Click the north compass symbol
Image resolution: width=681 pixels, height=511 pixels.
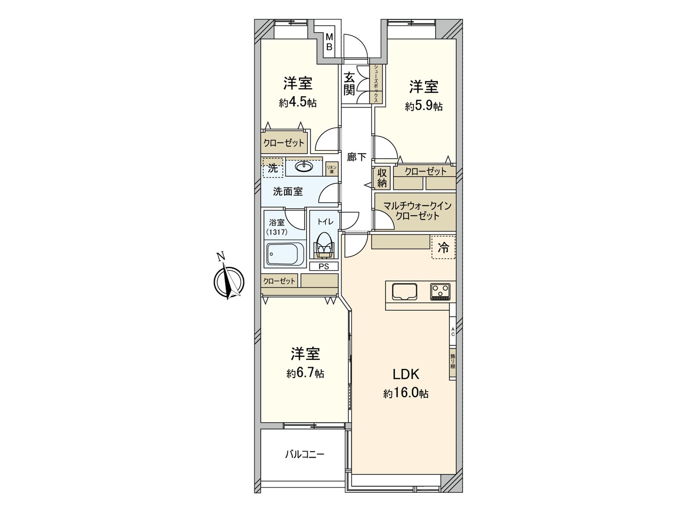(x=229, y=281)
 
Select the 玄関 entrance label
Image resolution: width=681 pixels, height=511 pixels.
(x=349, y=84)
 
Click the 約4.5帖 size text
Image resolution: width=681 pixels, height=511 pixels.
(x=298, y=103)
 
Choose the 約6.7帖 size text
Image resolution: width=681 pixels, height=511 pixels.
(x=305, y=373)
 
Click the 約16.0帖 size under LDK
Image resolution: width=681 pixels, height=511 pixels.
(x=406, y=393)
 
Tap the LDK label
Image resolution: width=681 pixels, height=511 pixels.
(x=406, y=374)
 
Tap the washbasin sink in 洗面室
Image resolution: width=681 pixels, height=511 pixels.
(x=304, y=167)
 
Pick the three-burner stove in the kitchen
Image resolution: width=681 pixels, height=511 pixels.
(x=440, y=292)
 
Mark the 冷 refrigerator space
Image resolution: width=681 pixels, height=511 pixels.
(x=444, y=248)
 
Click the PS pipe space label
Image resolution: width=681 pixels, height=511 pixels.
(x=324, y=267)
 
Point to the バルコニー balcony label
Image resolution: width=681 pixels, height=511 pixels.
(x=305, y=454)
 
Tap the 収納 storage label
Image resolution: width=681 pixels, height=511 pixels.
(x=382, y=178)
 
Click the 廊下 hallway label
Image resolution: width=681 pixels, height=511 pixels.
(x=356, y=157)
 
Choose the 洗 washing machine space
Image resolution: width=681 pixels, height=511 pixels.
(x=273, y=168)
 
